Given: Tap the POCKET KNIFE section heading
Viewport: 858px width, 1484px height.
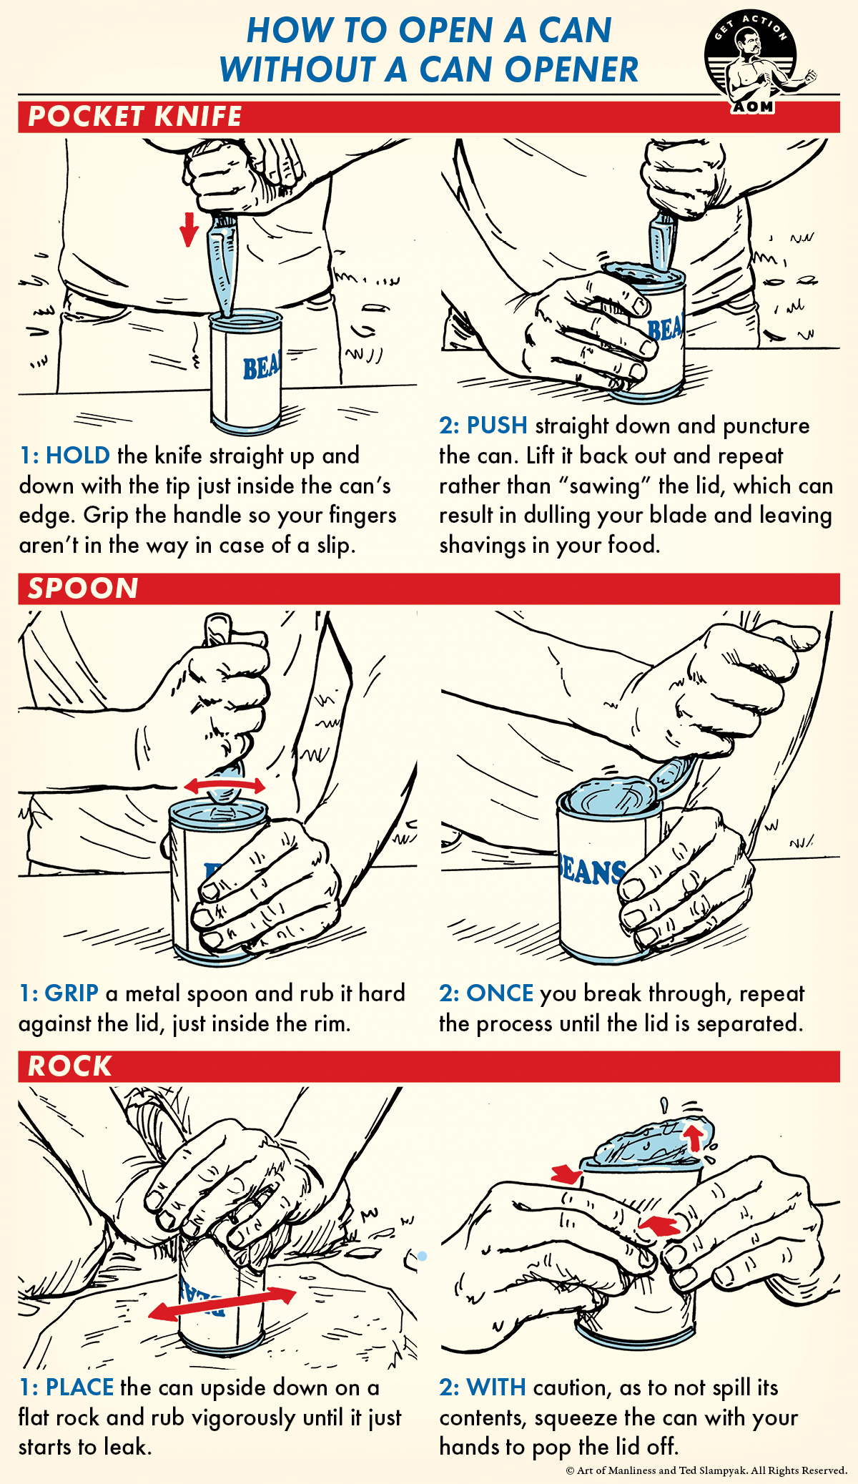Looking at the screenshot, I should coord(135,117).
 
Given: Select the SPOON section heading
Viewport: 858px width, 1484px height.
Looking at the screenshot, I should coord(83,589).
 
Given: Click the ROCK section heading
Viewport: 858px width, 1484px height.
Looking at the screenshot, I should coord(70,1066).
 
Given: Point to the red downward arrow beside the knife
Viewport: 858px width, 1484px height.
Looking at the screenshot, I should coord(189,229).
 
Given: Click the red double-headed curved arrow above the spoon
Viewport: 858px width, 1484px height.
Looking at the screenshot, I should coord(225,785).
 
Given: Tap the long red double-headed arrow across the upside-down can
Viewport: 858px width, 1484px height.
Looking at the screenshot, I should coord(222,1304).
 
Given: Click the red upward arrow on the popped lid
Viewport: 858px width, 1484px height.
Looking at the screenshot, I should coord(691,1137).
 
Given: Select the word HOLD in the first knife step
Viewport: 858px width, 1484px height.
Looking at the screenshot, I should coord(77,456).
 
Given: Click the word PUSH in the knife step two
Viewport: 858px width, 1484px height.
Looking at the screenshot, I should coord(497,426).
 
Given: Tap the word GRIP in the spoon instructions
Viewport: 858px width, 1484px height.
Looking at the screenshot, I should coord(71,993).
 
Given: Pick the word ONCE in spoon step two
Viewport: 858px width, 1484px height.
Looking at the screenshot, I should coord(500,993).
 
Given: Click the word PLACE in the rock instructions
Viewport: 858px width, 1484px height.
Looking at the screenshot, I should coord(79,1387).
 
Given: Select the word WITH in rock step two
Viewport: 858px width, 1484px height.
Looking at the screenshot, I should coord(495,1387).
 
